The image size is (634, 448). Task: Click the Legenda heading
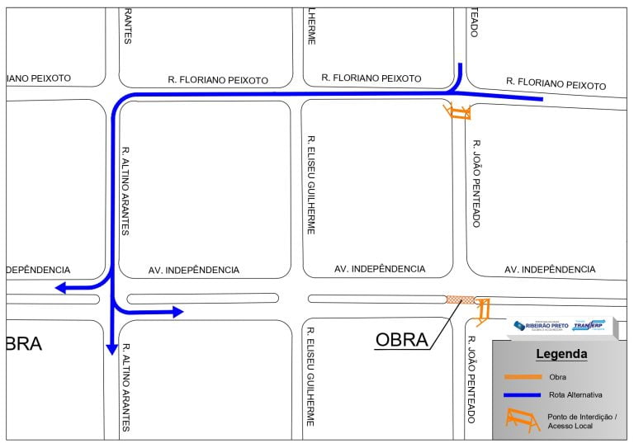pos(561,354)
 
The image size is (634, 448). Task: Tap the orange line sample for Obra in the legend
pos(522,376)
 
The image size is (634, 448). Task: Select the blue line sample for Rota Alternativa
pos(522,395)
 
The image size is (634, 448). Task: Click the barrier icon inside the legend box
pos(522,422)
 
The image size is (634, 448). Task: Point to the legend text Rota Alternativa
pos(575,395)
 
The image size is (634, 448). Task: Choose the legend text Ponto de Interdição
pos(581,417)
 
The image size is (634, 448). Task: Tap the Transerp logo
pos(589,325)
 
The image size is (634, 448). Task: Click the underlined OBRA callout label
pos(401,339)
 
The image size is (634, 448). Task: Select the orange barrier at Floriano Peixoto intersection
pos(457,111)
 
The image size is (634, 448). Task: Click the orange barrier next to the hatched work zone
pos(482,311)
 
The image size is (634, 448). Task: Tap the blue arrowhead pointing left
pos(61,287)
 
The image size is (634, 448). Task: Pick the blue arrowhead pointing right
pos(177,311)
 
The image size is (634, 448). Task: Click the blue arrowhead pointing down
pos(111,349)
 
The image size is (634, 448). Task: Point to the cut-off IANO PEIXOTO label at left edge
pos(39,78)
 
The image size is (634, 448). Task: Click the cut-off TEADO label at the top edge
pos(474,22)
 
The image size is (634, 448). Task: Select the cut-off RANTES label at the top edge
pos(127,26)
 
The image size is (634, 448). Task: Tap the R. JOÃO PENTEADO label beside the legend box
pos(473,379)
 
